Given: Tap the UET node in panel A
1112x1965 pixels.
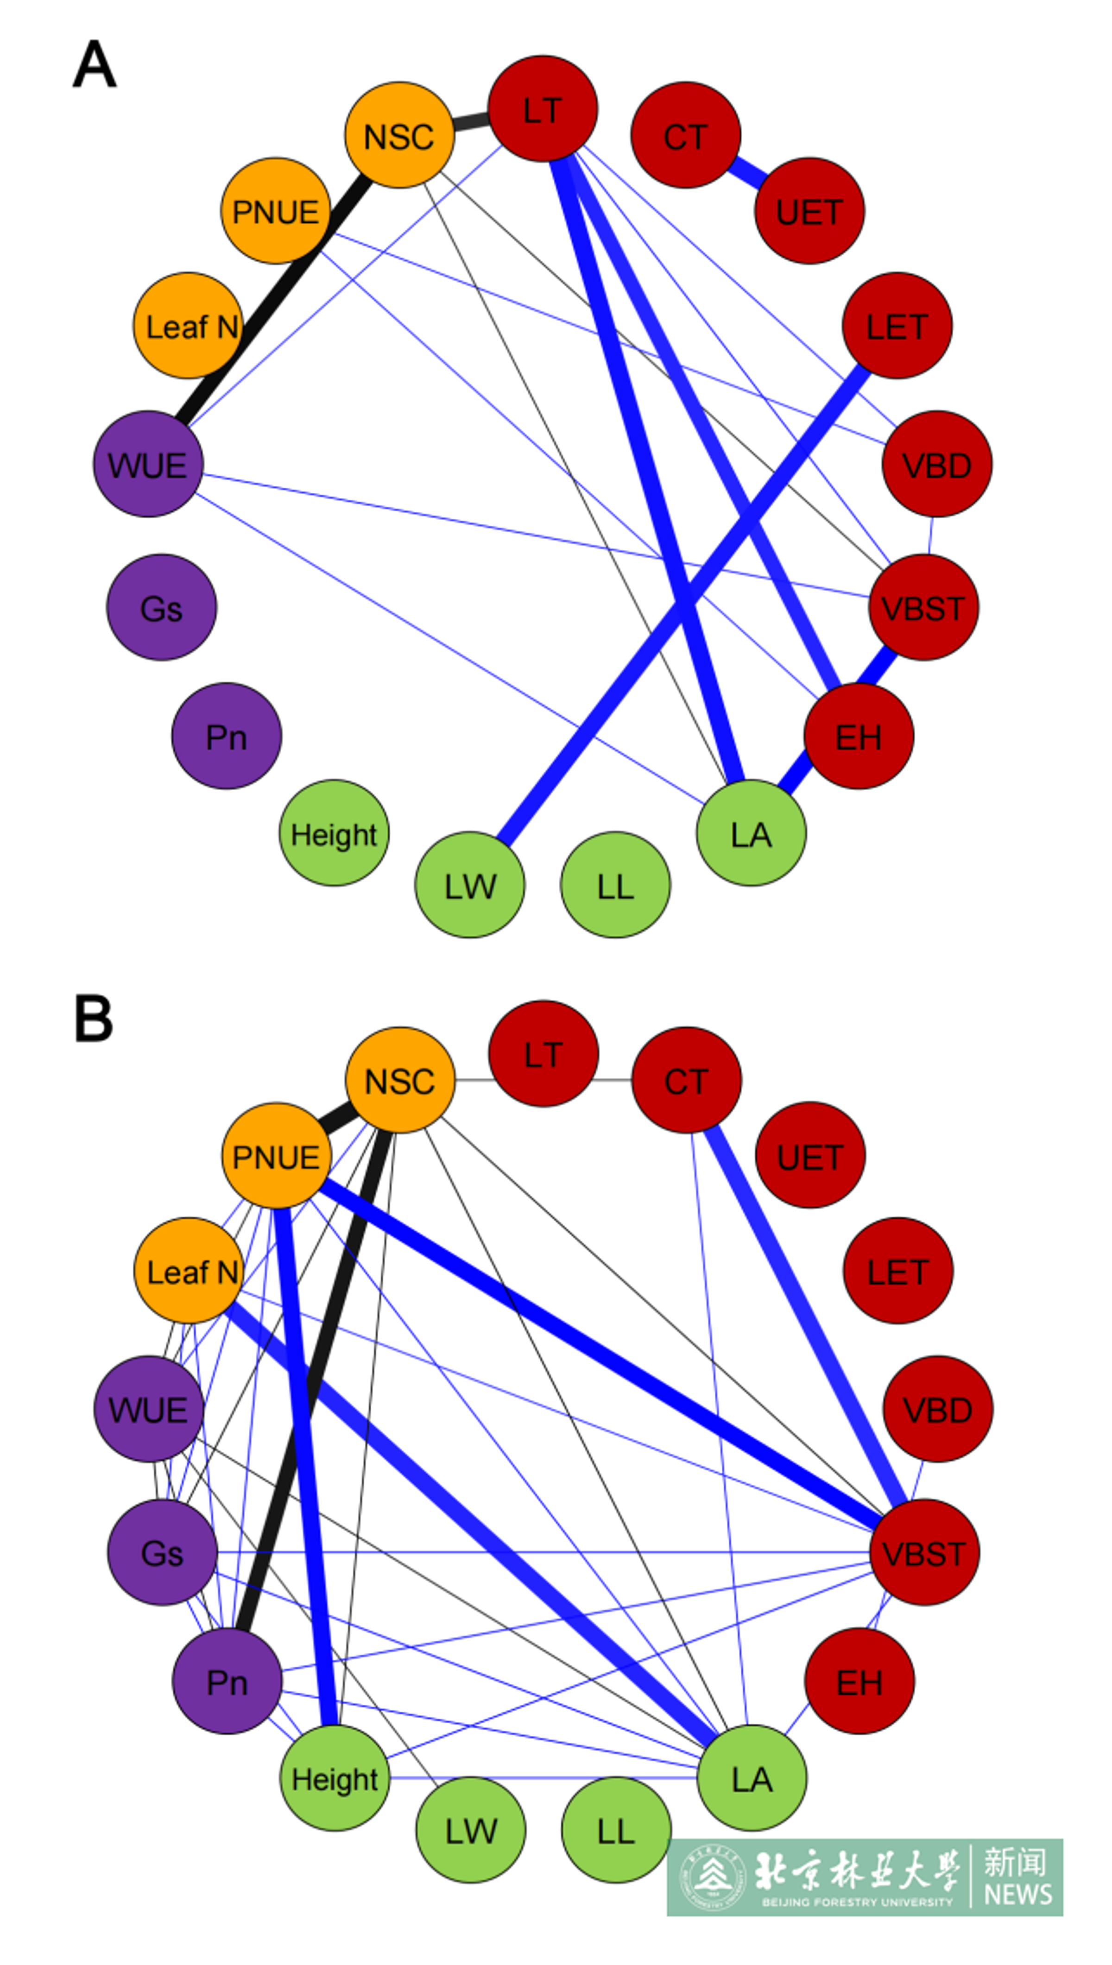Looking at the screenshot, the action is [809, 211].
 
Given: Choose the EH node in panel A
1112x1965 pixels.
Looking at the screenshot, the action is [859, 736].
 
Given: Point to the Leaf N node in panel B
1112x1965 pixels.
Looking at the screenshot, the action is [189, 1271].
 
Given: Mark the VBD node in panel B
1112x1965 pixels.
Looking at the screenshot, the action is [938, 1409].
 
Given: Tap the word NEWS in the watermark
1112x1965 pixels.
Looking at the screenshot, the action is [1018, 1894].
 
